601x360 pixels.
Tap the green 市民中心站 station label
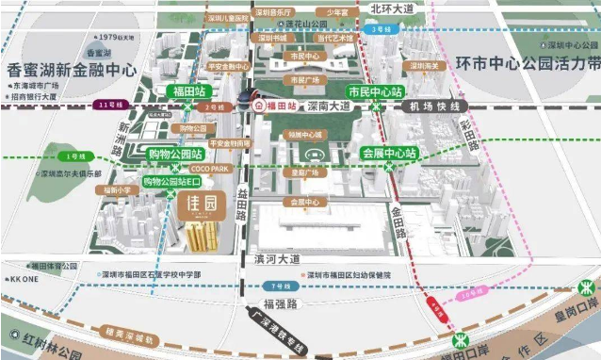[x=376, y=93]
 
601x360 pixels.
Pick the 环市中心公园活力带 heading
[x=522, y=66]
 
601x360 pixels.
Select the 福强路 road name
[x=279, y=303]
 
